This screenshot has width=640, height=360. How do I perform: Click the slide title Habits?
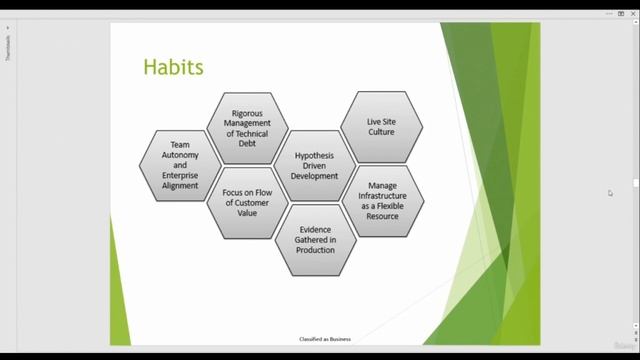coord(173,67)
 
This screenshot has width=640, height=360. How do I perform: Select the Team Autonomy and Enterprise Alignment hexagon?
coord(180,165)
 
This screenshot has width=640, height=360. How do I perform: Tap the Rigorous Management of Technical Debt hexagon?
coord(247,128)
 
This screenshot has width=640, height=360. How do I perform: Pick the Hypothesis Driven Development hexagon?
coord(314,165)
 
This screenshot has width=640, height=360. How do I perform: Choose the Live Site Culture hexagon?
coord(381,127)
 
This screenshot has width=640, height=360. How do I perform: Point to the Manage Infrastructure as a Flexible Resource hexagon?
coord(382,200)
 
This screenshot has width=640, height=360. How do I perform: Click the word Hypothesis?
coord(314,157)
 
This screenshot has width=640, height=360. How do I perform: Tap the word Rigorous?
coord(247,113)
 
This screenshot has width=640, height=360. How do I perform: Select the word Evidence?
coord(315,230)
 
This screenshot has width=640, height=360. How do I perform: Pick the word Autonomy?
coord(180,155)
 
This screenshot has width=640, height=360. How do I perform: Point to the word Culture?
coord(381,132)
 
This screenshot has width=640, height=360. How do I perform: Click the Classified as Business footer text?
coord(325,339)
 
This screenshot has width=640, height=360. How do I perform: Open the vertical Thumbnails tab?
coord(8,47)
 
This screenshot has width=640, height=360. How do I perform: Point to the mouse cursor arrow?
coord(609,192)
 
